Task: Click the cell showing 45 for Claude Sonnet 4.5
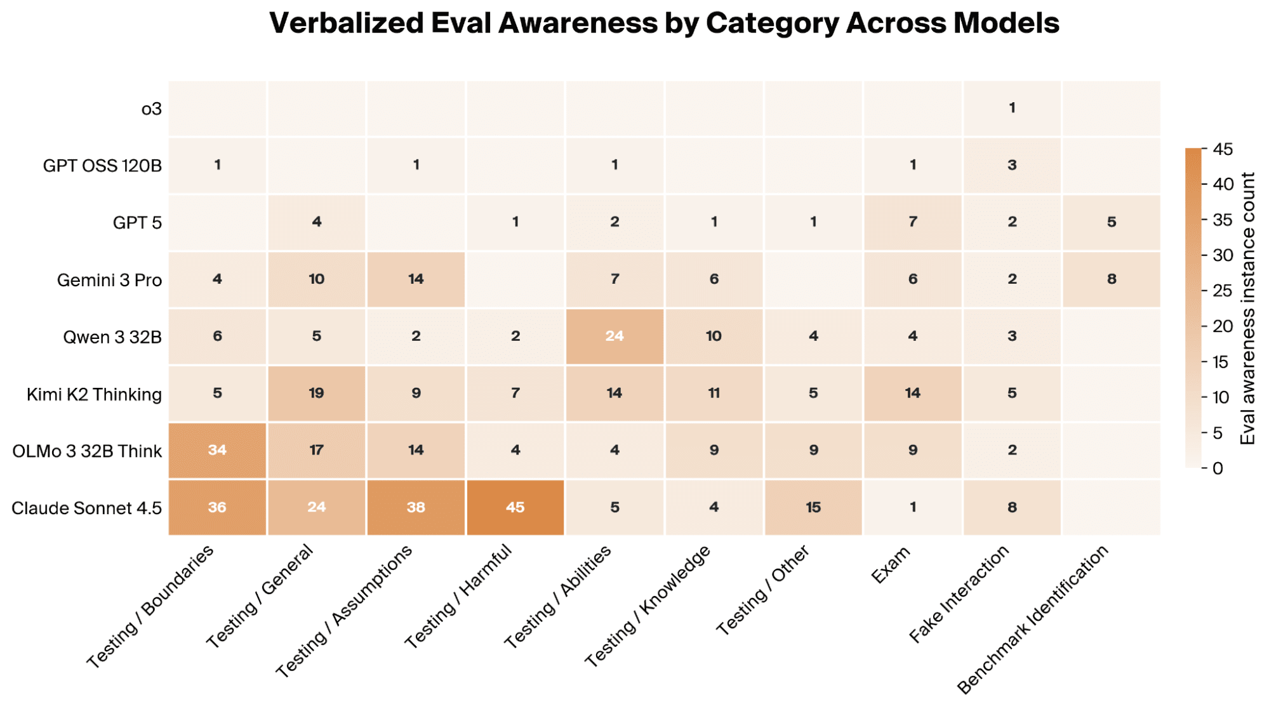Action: (515, 507)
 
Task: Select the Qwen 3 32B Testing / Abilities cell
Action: (615, 336)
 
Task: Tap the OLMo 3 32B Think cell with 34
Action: (217, 450)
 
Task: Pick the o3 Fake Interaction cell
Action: (1012, 108)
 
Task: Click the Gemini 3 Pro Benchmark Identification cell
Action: (1112, 279)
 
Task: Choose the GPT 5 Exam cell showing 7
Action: (913, 222)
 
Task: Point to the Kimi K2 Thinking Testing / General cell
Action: (317, 394)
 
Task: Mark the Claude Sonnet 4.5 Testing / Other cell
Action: (813, 507)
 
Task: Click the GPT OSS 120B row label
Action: (102, 166)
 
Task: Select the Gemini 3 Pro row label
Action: (109, 280)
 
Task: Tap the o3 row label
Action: (152, 109)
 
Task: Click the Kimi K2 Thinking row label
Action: (94, 394)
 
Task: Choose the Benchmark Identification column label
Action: (1033, 620)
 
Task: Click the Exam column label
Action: (891, 564)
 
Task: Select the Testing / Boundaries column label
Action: (150, 607)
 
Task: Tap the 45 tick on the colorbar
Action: (1223, 149)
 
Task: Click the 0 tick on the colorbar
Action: (1218, 468)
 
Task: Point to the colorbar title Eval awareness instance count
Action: (1248, 308)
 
